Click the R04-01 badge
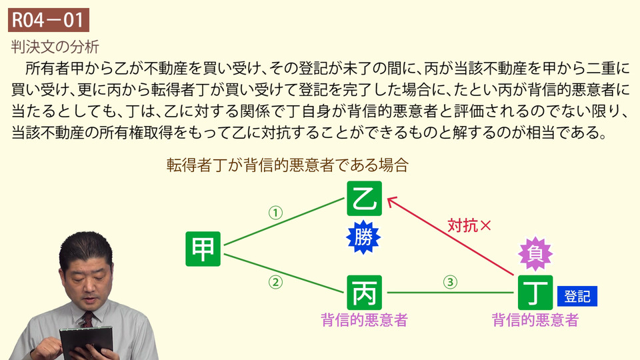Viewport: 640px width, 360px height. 49,20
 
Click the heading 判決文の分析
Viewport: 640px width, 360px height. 55,47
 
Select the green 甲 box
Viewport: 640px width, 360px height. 203,249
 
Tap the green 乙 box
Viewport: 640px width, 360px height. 365,199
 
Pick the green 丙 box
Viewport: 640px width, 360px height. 365,293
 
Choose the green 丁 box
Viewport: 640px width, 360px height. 535,293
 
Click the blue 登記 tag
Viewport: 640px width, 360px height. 577,296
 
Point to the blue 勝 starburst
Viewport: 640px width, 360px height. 363,237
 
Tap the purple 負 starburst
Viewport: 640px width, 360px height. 535,254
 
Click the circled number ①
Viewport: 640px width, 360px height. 275,213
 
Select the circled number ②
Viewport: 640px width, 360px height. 275,282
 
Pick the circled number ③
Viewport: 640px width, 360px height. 450,282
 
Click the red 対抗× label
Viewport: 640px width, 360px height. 469,225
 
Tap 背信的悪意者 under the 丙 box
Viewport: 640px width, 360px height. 365,320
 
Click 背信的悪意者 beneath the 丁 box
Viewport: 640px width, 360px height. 535,320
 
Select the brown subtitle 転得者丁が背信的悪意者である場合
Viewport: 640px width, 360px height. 288,165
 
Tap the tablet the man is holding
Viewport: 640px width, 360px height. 87,341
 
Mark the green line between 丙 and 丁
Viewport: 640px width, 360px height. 450,293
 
